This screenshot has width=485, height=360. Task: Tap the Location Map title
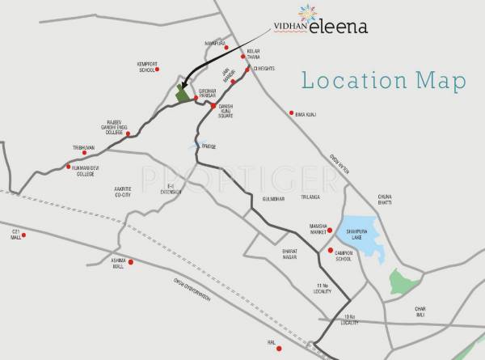(384, 80)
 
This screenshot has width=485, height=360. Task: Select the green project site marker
(183, 95)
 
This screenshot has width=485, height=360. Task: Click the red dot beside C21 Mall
(24, 235)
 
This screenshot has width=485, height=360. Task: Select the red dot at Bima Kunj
(292, 113)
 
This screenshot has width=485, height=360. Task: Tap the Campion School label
(340, 256)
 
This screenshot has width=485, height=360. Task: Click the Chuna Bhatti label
(384, 199)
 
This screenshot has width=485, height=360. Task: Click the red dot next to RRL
(278, 349)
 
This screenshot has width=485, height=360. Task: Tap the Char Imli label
(420, 311)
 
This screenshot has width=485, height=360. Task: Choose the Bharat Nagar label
(291, 255)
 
